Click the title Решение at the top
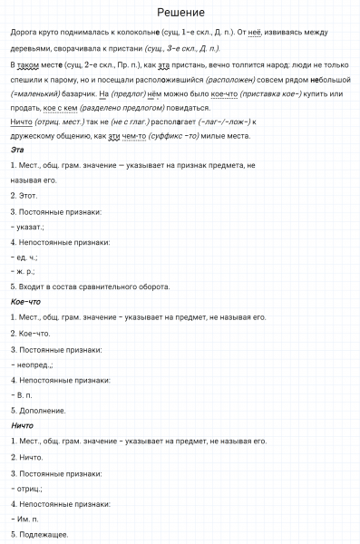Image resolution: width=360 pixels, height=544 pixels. tap(180, 13)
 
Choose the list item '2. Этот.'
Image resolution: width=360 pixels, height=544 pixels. tap(25, 195)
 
